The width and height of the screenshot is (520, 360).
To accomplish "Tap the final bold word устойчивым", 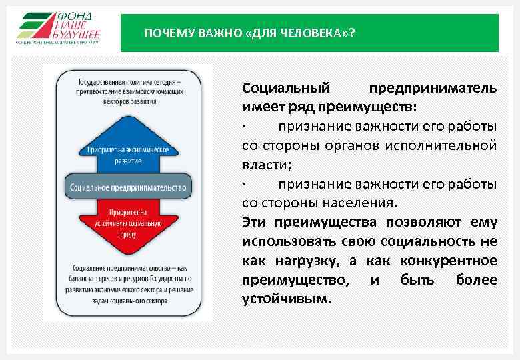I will tap(286, 299).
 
